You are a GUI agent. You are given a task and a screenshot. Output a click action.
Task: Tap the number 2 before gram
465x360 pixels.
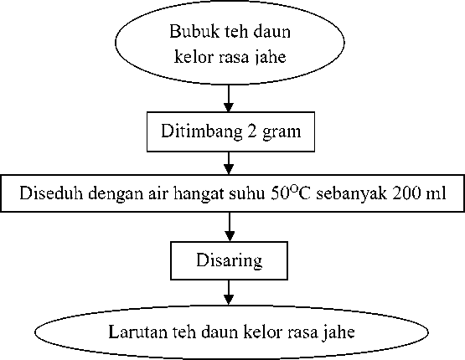pos(252,131)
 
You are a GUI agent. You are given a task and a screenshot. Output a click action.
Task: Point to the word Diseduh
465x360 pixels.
pos(51,193)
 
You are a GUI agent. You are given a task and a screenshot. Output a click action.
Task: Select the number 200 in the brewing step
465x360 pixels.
pos(406,193)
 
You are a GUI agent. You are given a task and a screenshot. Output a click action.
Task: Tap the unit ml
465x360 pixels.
pos(436,193)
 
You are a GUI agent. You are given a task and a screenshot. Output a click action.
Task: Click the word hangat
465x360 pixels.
pos(198,194)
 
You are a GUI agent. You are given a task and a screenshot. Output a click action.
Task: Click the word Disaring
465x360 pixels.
pos(230,261)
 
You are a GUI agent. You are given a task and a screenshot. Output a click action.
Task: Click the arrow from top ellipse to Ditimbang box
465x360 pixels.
pos(229,98)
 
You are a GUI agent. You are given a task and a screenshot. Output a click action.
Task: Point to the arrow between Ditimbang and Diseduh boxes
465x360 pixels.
pos(229,163)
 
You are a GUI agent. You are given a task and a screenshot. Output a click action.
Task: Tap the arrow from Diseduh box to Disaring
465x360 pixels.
pos(230,227)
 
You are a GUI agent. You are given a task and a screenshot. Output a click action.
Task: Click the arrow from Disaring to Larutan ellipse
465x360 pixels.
pos(229,292)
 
